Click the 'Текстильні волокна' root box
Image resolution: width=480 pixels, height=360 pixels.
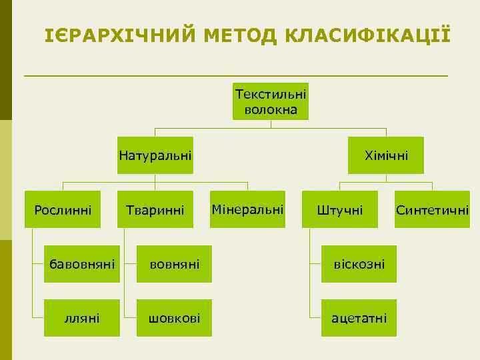pyautogui.click(x=271, y=101)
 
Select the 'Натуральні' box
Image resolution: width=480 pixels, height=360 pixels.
pyautogui.click(x=155, y=155)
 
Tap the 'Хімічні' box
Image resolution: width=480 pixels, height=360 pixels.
pyautogui.click(x=386, y=155)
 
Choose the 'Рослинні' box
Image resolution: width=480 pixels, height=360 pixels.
pyautogui.click(x=63, y=210)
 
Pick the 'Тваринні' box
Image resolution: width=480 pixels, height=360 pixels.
pyautogui.click(x=155, y=210)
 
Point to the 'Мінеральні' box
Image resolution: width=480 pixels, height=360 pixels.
pyautogui.click(x=247, y=210)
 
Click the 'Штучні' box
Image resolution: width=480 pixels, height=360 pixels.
pyautogui.click(x=340, y=210)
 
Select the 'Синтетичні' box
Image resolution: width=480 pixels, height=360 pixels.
pyautogui.click(x=432, y=210)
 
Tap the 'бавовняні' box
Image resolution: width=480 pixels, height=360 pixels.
pyautogui.click(x=81, y=265)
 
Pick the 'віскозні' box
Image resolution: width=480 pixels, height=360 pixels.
pyautogui.click(x=359, y=265)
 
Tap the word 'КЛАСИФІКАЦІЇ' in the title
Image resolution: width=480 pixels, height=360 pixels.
pyautogui.click(x=367, y=34)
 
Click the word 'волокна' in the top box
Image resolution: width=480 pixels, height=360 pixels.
pyautogui.click(x=271, y=109)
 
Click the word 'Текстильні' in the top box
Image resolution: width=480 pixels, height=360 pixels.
pyautogui.click(x=271, y=94)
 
